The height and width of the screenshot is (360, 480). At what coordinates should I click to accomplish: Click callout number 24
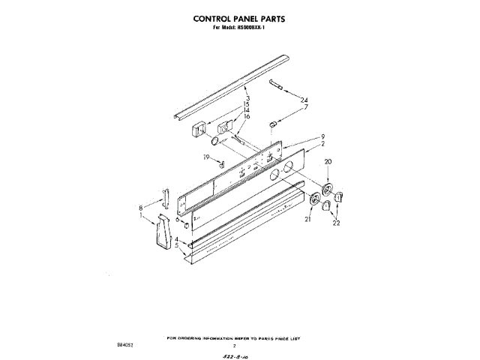304,100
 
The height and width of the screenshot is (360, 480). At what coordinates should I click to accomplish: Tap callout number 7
304,107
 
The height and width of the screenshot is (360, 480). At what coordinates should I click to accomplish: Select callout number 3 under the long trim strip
247,98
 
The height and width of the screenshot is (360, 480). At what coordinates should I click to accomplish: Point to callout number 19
205,157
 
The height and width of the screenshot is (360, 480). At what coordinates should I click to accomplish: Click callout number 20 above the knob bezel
327,162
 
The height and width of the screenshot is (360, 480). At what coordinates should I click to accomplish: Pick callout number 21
307,219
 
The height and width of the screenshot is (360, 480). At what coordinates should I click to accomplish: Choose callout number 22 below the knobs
336,223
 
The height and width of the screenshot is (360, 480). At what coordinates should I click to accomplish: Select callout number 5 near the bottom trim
176,245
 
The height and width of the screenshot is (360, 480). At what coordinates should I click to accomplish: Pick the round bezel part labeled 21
314,199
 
